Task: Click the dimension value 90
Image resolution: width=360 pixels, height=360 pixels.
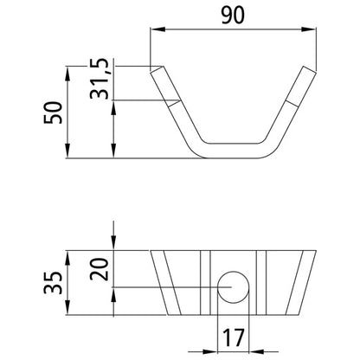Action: [x=229, y=15]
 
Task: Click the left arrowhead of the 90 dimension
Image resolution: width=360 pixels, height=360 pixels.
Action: [x=156, y=30]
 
